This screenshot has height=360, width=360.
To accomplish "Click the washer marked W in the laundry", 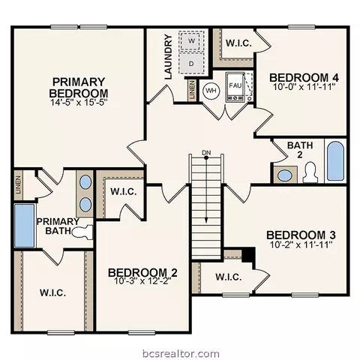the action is [191, 41].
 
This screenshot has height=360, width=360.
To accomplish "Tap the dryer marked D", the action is [191, 64].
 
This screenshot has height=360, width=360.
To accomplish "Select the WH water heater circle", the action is [211, 91].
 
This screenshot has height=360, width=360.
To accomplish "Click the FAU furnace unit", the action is [235, 87].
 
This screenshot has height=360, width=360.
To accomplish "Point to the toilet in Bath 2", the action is [310, 172].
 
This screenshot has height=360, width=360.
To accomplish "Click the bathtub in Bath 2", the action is [336, 161].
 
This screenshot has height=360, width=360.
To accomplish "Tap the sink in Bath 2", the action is [284, 175].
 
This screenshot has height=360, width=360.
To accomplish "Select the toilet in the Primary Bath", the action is [82, 232].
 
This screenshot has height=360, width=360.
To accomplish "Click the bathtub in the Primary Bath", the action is [24, 226].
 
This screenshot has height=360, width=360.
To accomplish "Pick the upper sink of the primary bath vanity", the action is [85, 181].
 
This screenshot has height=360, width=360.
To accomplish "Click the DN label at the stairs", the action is [206, 152].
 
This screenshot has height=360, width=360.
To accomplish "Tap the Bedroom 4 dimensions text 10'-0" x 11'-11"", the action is [304, 87].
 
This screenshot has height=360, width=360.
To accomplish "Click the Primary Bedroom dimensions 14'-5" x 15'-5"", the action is [79, 102].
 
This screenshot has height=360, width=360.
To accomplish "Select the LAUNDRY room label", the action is [169, 57].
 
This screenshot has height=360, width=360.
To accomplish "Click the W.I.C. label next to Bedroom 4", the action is [238, 43].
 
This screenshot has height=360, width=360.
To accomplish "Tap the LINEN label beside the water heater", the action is [192, 90].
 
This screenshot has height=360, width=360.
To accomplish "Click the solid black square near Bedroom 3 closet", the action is [248, 254].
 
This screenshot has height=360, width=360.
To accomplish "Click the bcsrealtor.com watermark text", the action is [181, 354].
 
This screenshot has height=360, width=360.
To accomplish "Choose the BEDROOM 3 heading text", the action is [301, 235].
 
